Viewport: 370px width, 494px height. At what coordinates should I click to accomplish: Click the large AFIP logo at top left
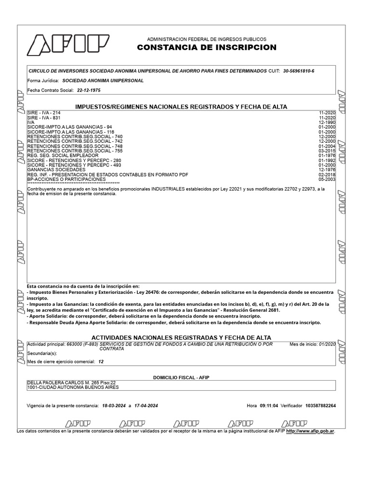(63, 44)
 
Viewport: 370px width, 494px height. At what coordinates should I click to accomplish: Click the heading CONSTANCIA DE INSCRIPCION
(207, 47)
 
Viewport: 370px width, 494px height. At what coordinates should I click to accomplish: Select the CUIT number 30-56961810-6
(299, 71)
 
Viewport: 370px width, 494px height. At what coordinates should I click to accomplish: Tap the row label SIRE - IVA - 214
(44, 112)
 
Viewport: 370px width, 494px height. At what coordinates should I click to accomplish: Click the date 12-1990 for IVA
(327, 122)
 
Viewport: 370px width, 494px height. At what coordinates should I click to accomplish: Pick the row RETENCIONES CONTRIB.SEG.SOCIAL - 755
(75, 151)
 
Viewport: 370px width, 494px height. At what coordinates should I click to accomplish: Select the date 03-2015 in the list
(327, 151)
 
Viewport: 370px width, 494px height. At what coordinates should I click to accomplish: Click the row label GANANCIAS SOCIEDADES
(56, 170)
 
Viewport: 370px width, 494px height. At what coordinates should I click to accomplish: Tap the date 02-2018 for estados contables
(327, 175)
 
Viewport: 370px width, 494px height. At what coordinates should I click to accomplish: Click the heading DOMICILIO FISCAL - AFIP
(181, 377)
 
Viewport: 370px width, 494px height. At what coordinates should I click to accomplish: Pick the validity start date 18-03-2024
(114, 406)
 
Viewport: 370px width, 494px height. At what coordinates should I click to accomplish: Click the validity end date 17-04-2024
(146, 406)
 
